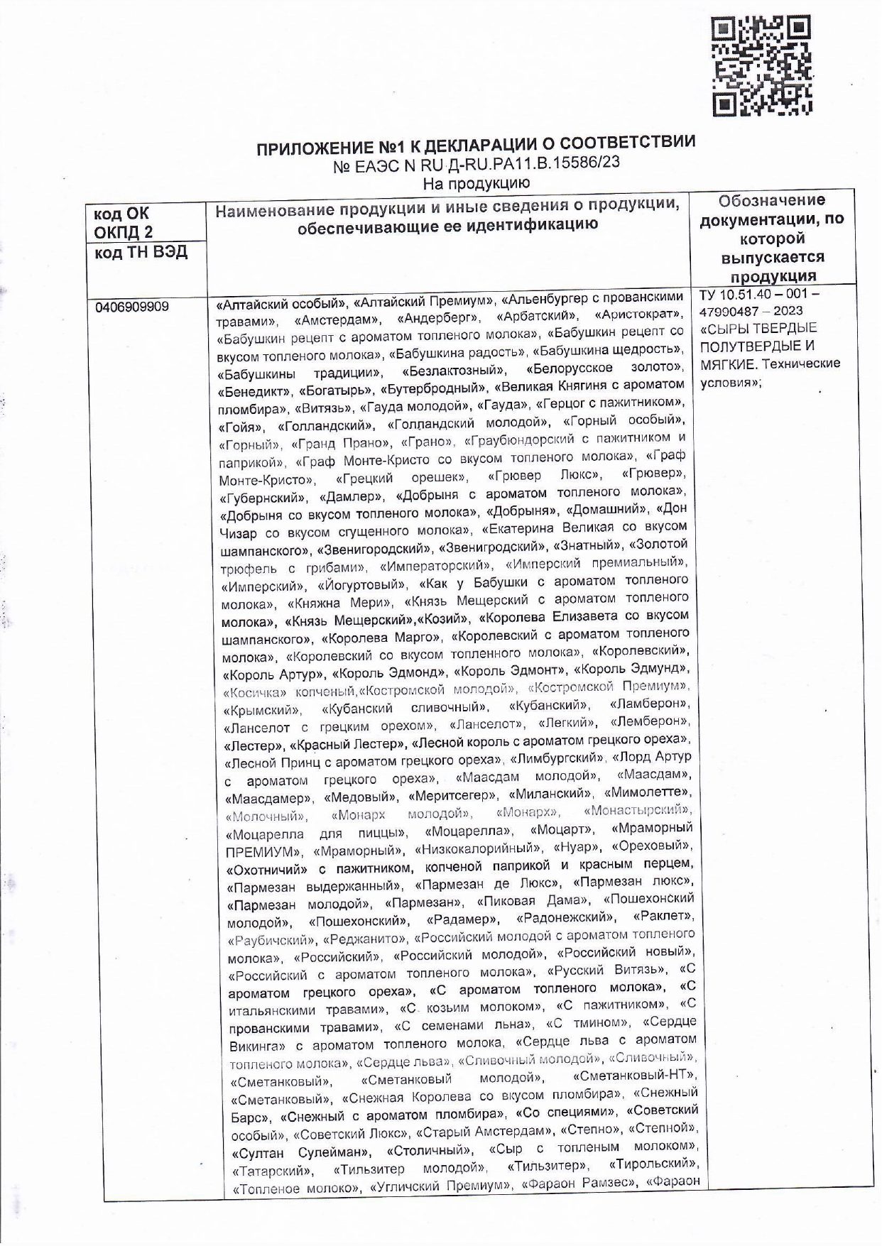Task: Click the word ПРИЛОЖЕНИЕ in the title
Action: coord(314,148)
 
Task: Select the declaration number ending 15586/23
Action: coord(477,165)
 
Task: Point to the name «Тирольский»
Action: coord(653,1165)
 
